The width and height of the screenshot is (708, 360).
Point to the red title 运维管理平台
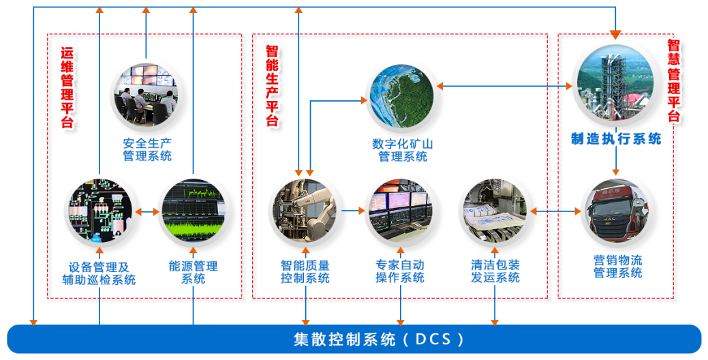[x=67, y=87]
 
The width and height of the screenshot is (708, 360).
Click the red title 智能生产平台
[x=272, y=85]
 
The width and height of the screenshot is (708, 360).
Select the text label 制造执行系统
[x=616, y=139]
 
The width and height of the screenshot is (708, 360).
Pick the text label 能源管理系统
[x=193, y=272]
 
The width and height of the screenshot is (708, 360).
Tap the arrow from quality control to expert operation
[x=352, y=211]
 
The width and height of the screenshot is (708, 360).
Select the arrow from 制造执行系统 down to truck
[x=616, y=162]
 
